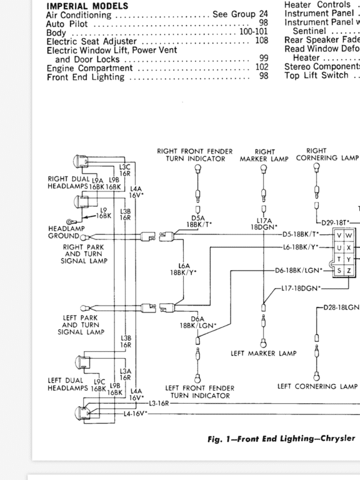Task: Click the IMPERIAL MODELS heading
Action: pos(87,6)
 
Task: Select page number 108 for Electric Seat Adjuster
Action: pos(261,41)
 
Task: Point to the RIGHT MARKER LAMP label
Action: pos(265,155)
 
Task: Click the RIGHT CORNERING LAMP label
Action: pos(324,154)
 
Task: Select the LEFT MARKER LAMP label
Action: pos(264,353)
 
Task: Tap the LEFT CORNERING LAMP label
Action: pos(317,386)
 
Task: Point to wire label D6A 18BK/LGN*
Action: pos(198,322)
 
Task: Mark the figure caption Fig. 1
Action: pos(281,439)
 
